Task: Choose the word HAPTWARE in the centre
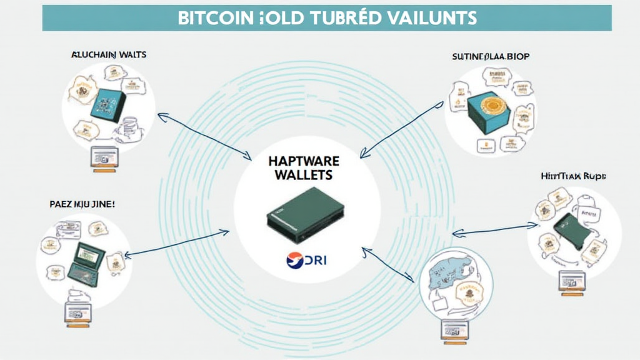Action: [x=305, y=161]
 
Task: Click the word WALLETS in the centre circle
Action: [x=305, y=176]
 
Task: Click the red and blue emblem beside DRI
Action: [x=295, y=260]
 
